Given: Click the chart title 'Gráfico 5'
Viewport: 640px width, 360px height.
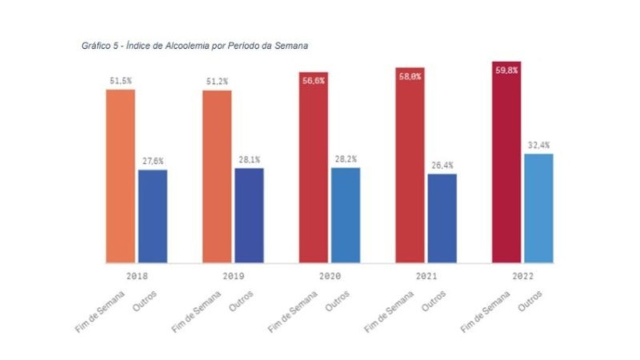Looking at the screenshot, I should click(194, 46).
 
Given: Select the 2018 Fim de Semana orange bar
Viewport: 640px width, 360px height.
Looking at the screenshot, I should click(120, 176).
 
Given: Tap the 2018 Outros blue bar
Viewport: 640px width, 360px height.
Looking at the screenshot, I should click(152, 216).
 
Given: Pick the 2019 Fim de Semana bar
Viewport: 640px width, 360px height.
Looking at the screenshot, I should click(217, 176).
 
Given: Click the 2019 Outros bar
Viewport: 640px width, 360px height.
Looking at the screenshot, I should click(249, 215).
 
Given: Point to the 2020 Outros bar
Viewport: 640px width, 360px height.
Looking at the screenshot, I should click(345, 215).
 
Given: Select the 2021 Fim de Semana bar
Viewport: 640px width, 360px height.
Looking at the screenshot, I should click(409, 165).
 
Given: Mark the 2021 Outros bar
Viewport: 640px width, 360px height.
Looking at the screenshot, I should click(441, 218).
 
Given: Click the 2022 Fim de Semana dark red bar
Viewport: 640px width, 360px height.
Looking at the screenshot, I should click(506, 162).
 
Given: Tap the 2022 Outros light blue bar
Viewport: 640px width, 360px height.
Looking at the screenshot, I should click(538, 208).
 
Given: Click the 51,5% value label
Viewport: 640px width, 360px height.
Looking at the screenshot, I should click(120, 81).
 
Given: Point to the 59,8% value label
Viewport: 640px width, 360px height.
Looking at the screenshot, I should click(506, 70).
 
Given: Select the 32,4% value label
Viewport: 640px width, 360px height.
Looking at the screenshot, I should click(538, 145).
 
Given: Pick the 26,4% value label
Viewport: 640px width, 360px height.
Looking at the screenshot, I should click(441, 165).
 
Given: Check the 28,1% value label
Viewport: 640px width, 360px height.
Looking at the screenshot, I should click(249, 159).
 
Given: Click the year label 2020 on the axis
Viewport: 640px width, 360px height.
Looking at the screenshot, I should click(329, 276).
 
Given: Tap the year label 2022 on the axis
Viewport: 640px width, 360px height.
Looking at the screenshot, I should click(522, 276).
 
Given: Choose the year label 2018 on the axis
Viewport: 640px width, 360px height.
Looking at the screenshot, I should click(136, 276).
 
